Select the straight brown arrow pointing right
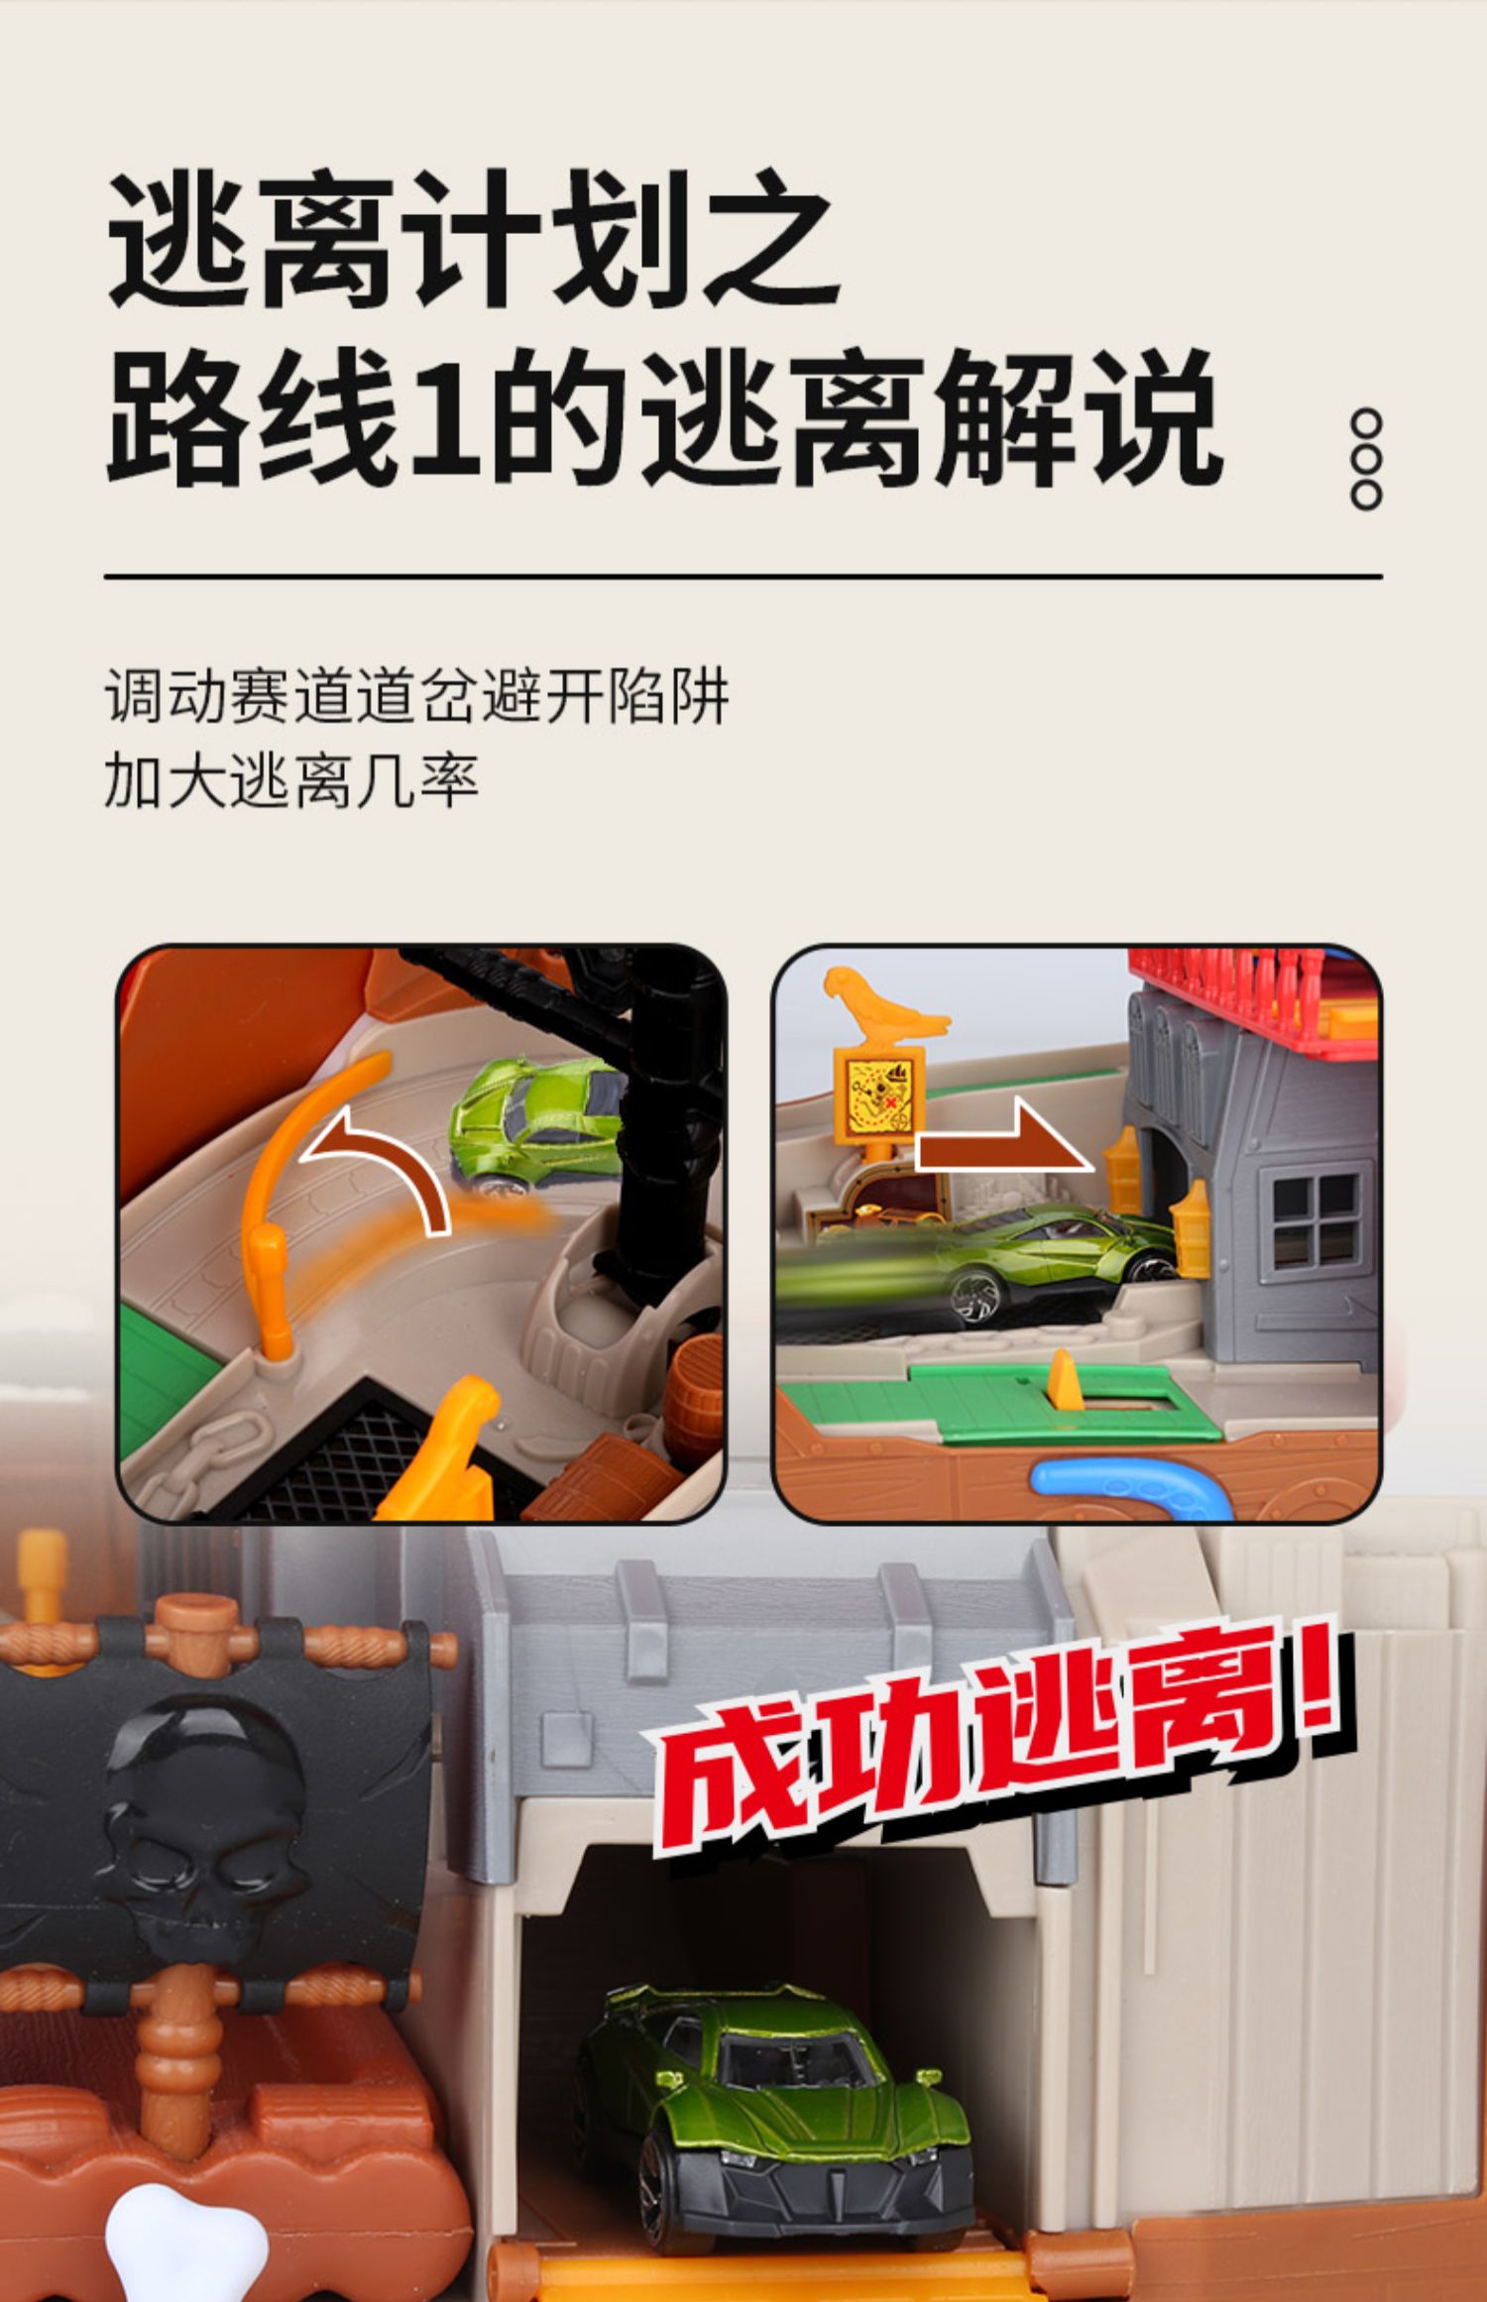pos(1001,1149)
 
